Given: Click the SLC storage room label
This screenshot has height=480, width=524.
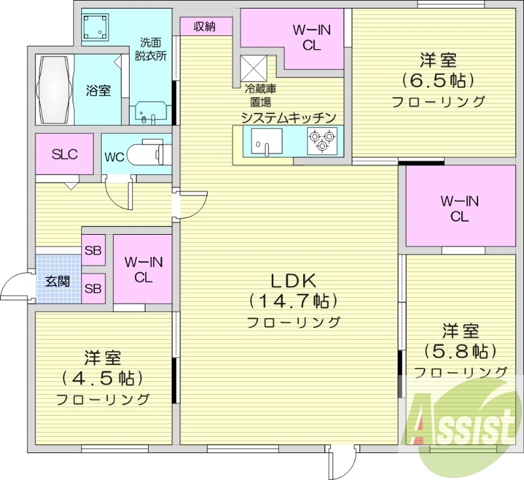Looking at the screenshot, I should point(65,155).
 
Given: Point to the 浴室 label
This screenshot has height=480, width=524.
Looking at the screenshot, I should point(98,90).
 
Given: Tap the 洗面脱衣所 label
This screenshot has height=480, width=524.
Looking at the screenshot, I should point(151,48).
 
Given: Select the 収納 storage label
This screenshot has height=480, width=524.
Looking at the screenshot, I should point(206,26).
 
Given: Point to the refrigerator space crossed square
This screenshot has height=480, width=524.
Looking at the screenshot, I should point(253,67).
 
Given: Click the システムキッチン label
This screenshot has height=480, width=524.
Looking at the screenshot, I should point(288,117).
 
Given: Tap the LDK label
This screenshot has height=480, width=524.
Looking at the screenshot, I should point(293,281).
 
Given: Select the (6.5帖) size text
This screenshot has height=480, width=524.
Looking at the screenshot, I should point(438,81).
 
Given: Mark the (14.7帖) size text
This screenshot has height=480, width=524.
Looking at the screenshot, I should point(293,301).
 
